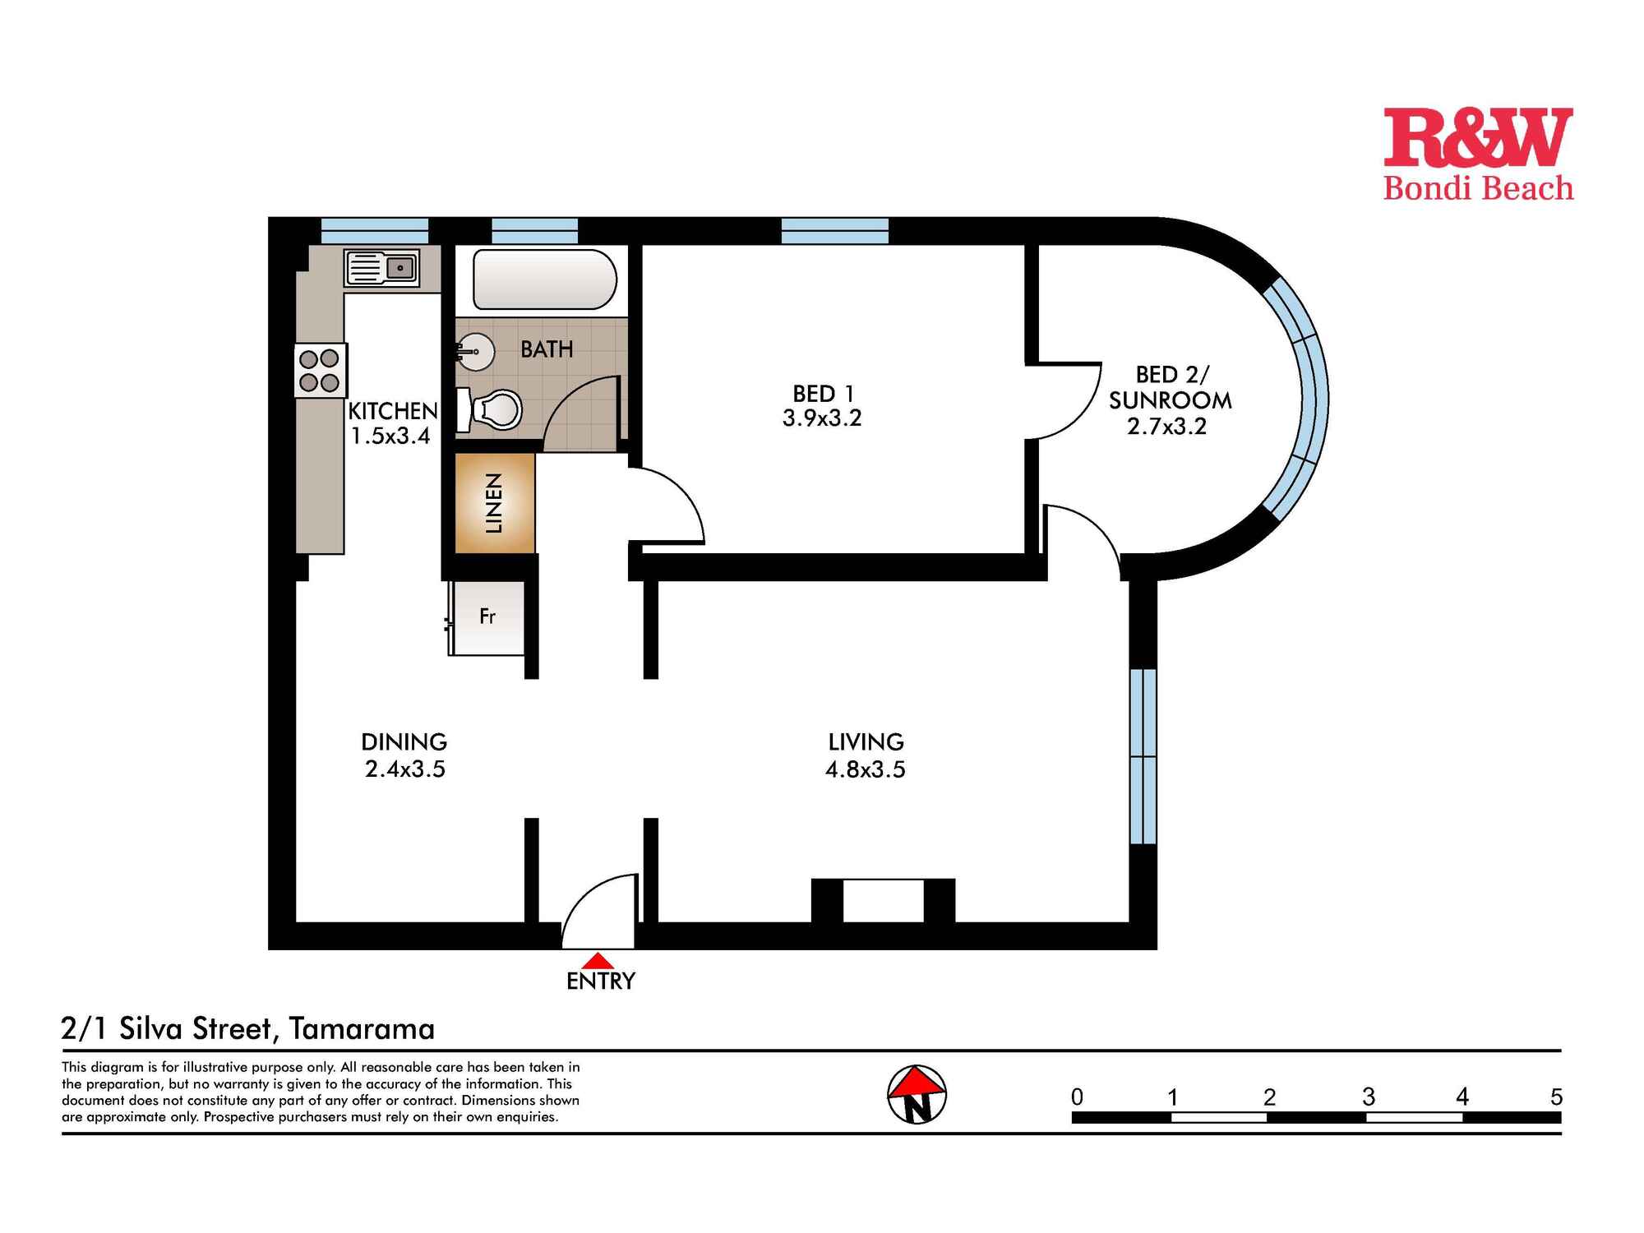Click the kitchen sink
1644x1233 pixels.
(382, 268)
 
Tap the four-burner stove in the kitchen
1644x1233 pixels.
(320, 370)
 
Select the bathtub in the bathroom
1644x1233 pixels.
(544, 279)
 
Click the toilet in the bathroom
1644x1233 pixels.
(493, 409)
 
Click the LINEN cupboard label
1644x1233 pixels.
(494, 503)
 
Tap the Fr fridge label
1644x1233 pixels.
(487, 616)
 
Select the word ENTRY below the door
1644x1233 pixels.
(601, 981)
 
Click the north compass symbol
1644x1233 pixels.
(917, 1094)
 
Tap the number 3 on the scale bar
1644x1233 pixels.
(1368, 1097)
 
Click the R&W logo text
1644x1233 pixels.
(1477, 137)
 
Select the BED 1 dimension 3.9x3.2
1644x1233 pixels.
(822, 418)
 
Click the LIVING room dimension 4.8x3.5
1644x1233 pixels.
(865, 769)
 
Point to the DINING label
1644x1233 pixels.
(404, 741)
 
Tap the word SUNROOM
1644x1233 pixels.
(1170, 400)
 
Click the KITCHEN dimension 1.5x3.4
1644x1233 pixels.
(390, 436)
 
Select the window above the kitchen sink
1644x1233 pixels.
(374, 230)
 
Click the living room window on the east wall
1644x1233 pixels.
(1143, 756)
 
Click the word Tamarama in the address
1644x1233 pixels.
(362, 1028)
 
